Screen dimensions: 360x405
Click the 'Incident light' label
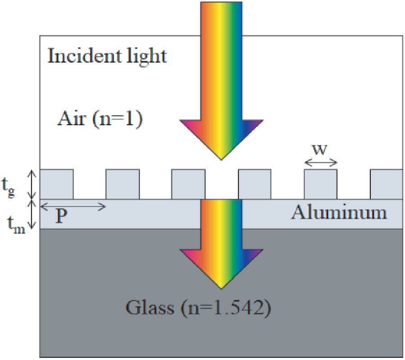point(107,57)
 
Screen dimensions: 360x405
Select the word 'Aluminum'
point(339,212)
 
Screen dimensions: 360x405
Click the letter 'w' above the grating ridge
point(320,149)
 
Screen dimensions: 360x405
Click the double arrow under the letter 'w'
point(320,162)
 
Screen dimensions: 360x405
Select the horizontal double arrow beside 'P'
point(73,207)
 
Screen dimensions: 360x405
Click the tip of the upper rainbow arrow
point(220,159)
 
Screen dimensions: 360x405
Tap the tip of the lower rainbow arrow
point(220,288)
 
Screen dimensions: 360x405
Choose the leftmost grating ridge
point(57,184)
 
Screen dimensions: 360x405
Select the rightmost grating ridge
point(386,184)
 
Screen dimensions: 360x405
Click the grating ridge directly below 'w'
point(320,184)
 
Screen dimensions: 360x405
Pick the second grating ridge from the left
point(122,184)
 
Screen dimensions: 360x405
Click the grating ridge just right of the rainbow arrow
point(255,184)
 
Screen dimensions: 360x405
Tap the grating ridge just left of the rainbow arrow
point(188,184)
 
